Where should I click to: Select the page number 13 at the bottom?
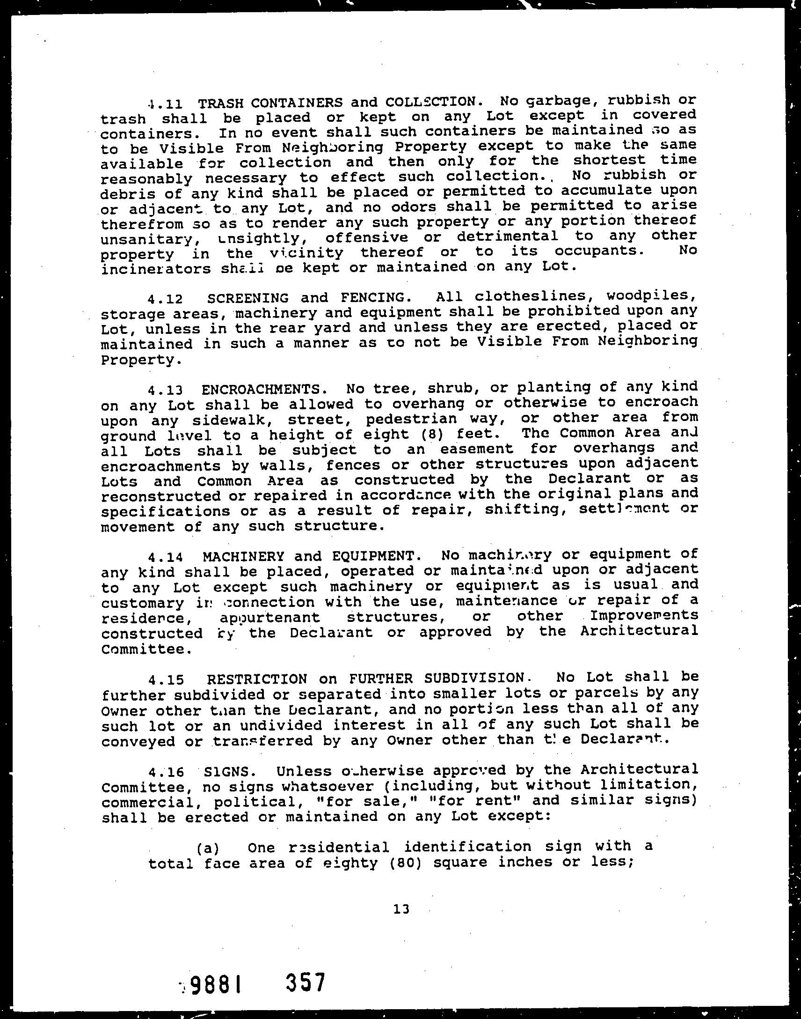coord(402,909)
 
